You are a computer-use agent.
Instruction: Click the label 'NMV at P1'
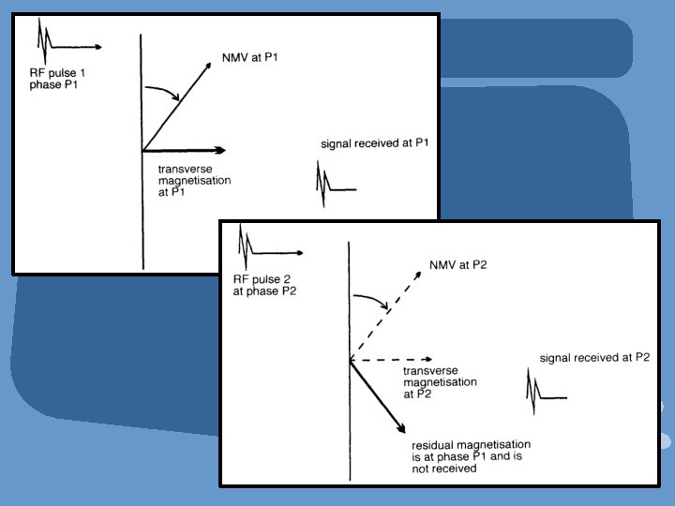click(x=251, y=57)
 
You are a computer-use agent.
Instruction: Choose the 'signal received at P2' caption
click(x=594, y=358)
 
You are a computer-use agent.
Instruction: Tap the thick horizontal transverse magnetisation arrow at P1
click(x=184, y=150)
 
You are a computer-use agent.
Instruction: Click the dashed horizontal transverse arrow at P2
click(x=389, y=359)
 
